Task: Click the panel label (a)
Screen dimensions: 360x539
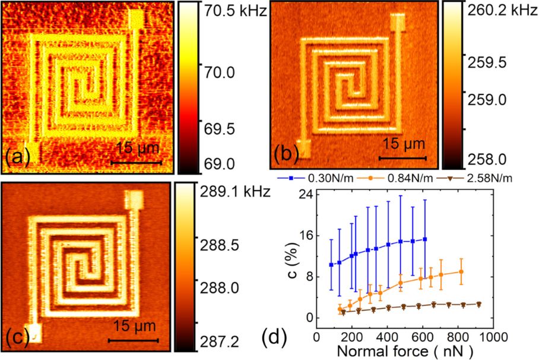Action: click(x=18, y=157)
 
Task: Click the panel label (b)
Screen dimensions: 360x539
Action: click(x=286, y=156)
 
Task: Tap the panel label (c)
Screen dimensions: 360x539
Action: click(x=17, y=338)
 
